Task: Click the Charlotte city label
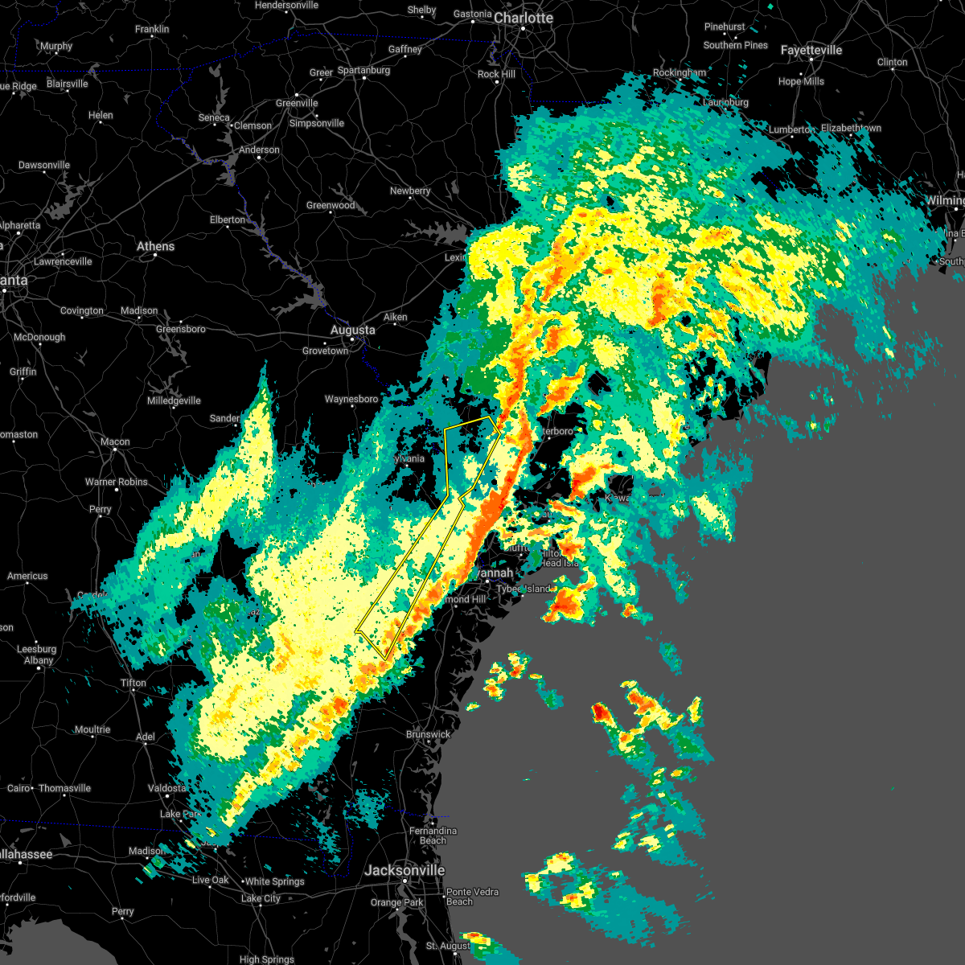point(524,18)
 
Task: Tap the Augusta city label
point(352,330)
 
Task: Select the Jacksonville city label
point(404,870)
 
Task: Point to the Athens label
point(155,246)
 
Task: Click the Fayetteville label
point(811,50)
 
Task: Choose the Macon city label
point(115,441)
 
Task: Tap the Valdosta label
point(166,788)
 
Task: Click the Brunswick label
point(428,734)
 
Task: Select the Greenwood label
point(331,205)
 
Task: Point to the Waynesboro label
point(351,399)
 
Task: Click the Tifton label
point(133,683)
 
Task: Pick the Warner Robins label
point(117,482)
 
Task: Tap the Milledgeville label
point(174,400)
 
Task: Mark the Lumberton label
point(791,129)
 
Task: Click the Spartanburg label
point(363,70)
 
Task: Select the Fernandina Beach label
point(433,836)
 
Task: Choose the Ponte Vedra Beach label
point(472,897)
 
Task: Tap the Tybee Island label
point(524,589)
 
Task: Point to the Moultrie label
point(92,729)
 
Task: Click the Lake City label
point(261,898)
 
